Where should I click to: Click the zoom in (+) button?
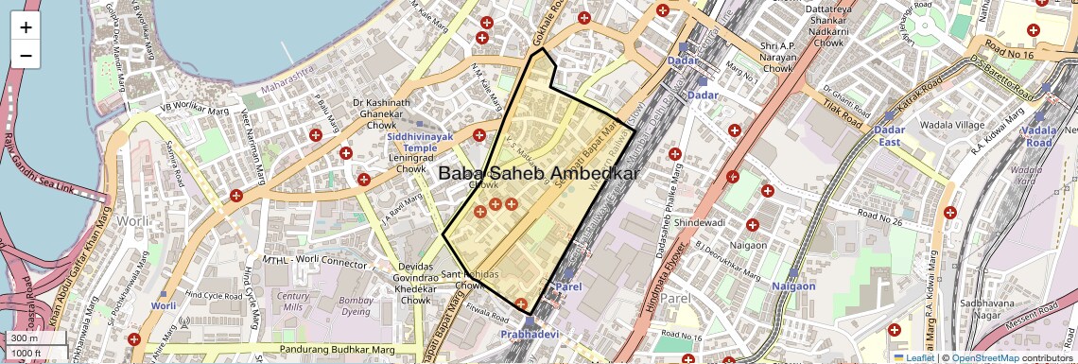point(26,27)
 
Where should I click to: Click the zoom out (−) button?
point(26,55)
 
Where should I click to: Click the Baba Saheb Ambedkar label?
point(539,174)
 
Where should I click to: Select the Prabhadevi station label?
point(530,335)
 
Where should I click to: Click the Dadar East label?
point(890,135)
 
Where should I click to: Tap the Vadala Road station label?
point(1038,136)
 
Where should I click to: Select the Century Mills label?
point(292,302)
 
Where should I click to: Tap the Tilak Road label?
point(844,115)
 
